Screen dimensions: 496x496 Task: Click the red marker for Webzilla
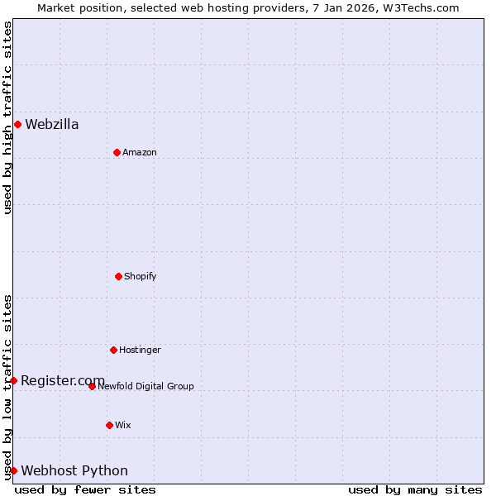(17, 125)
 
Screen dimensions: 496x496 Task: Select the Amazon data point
(117, 152)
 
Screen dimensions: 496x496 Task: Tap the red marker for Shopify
(118, 276)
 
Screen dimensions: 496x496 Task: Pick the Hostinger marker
(113, 350)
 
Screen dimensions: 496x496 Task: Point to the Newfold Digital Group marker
(92, 386)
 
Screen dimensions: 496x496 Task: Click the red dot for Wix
(109, 425)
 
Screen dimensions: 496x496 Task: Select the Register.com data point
(13, 380)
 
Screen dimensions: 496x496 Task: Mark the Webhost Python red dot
(13, 470)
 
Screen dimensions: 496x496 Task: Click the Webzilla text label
(52, 125)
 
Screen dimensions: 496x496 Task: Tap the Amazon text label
(140, 153)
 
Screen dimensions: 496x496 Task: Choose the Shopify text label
(141, 277)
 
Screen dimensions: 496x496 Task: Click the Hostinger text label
(140, 351)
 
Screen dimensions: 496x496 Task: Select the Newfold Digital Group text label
(145, 387)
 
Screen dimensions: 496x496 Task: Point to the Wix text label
(123, 426)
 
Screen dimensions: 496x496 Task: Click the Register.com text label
(63, 380)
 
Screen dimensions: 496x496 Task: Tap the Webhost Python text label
(74, 471)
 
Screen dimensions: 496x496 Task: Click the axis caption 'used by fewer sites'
(85, 489)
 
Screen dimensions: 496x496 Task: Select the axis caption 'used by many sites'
(415, 489)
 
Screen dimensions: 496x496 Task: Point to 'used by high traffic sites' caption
(7, 117)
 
